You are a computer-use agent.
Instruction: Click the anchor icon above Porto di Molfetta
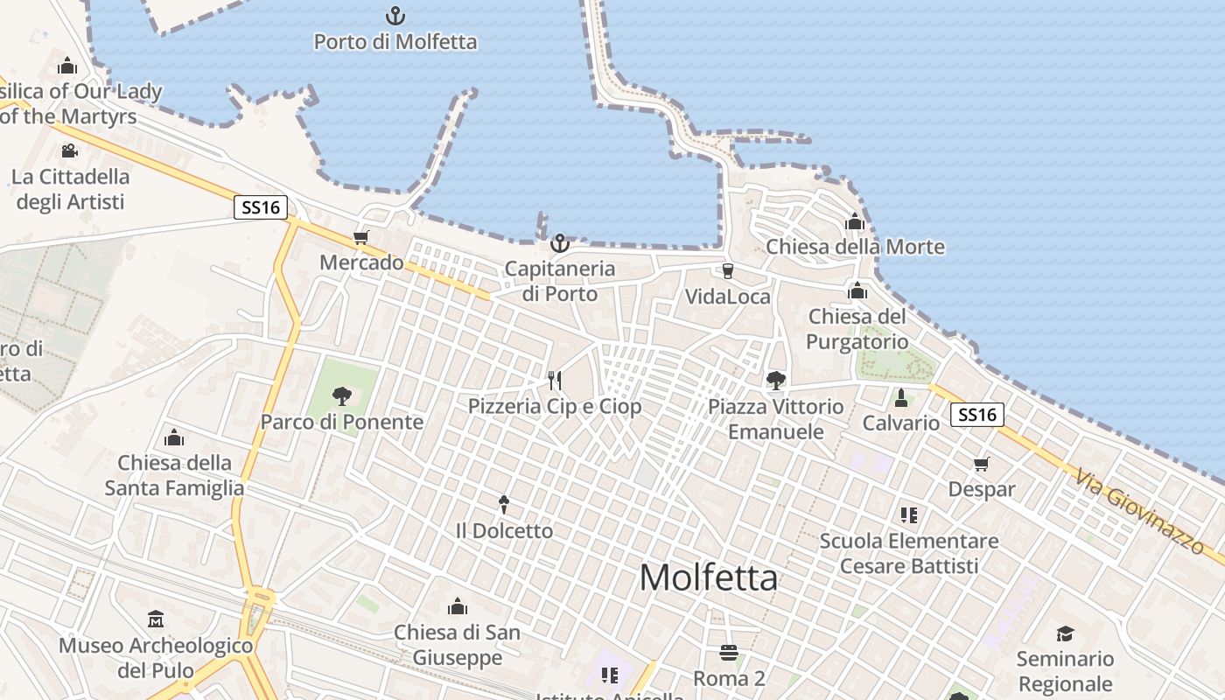[x=395, y=16]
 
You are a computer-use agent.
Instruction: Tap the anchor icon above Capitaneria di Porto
[x=559, y=243]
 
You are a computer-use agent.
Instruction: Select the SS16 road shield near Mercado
[x=261, y=207]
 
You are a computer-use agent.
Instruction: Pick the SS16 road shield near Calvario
[x=976, y=415]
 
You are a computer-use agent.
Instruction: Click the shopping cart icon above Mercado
[x=360, y=237]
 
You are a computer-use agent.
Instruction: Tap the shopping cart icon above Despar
[x=982, y=464]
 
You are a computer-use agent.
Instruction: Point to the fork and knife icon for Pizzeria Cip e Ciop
[x=554, y=380]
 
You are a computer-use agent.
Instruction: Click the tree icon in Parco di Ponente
[x=341, y=396]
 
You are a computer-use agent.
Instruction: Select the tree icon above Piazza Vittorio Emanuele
[x=775, y=380]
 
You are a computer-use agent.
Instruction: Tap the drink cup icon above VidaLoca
[x=727, y=271]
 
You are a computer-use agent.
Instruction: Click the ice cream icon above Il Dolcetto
[x=504, y=504]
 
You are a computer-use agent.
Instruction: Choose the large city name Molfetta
[x=709, y=577]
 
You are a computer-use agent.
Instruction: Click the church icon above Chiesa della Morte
[x=855, y=221]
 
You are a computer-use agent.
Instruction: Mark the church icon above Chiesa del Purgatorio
[x=857, y=290]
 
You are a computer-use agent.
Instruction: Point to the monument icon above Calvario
[x=900, y=398]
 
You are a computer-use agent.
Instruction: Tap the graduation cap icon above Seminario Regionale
[x=1065, y=633]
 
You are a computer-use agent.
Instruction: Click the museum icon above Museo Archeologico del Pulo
[x=156, y=619]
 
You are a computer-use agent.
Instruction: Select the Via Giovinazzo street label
[x=1139, y=512]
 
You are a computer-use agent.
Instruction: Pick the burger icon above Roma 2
[x=729, y=653]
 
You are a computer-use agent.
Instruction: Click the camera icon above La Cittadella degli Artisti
[x=69, y=150]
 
